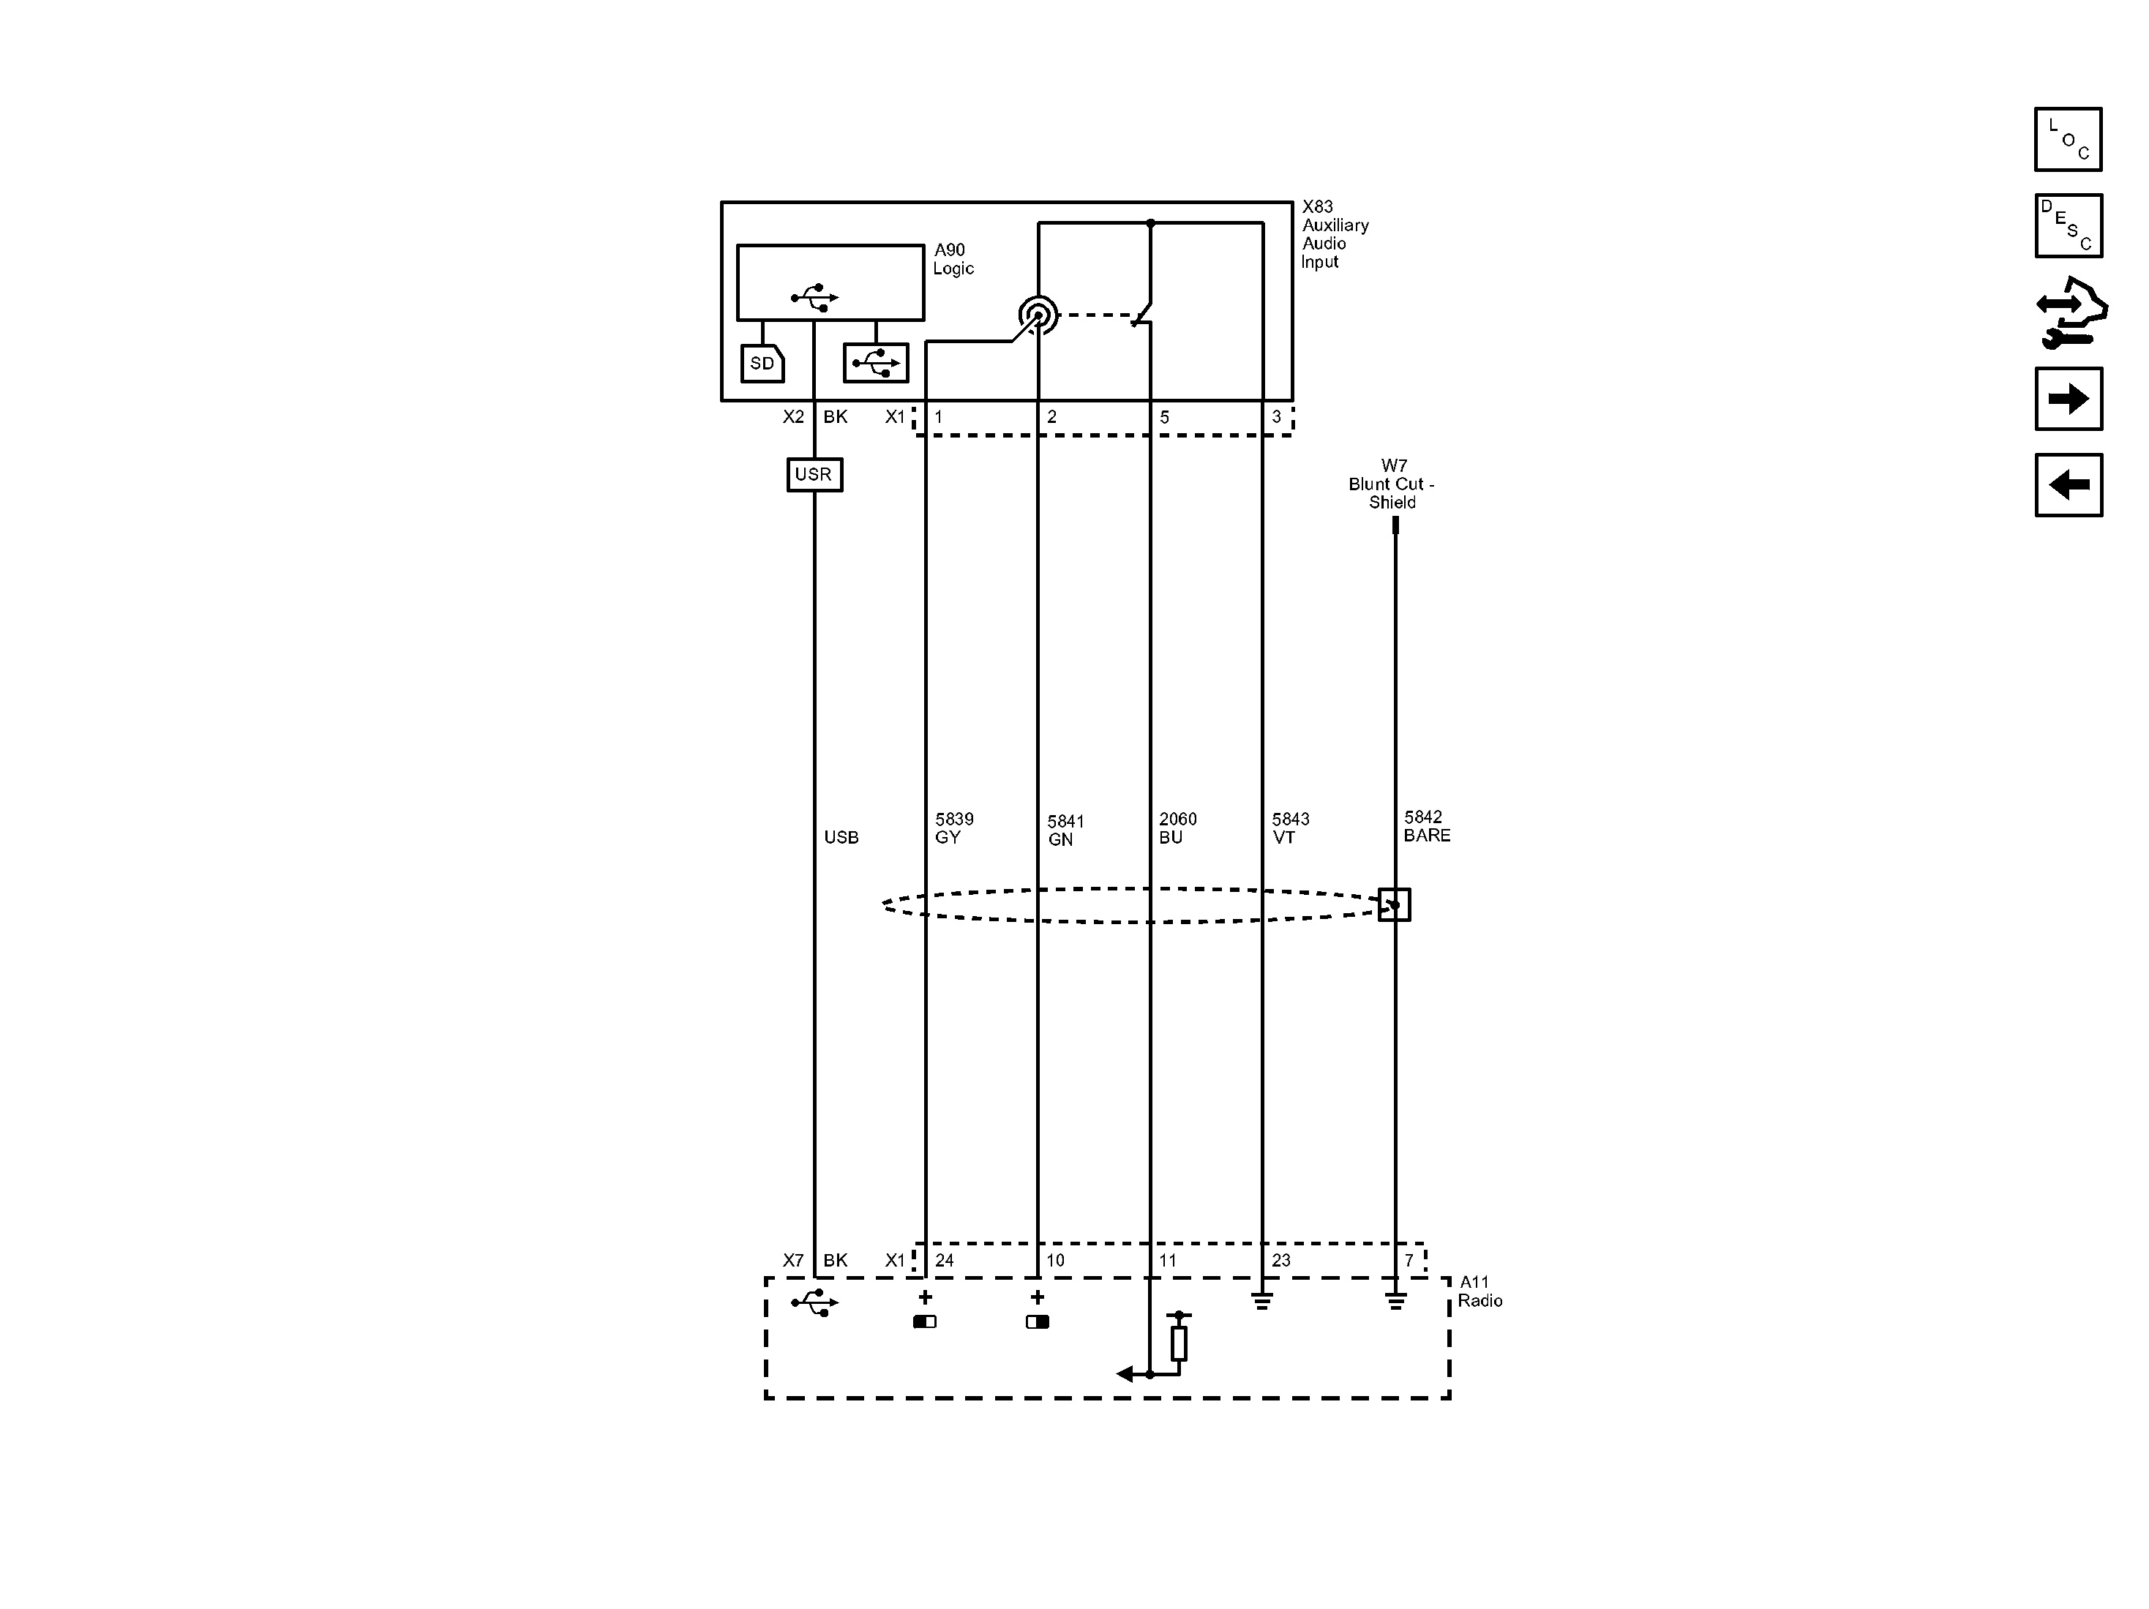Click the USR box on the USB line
tap(814, 474)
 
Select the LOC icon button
tap(2069, 139)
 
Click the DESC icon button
tap(2069, 225)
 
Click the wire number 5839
tap(954, 819)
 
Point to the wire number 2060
tap(1177, 819)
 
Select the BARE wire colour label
tap(1427, 836)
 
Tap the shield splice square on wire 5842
tap(1394, 904)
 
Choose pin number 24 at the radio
tap(945, 1260)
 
